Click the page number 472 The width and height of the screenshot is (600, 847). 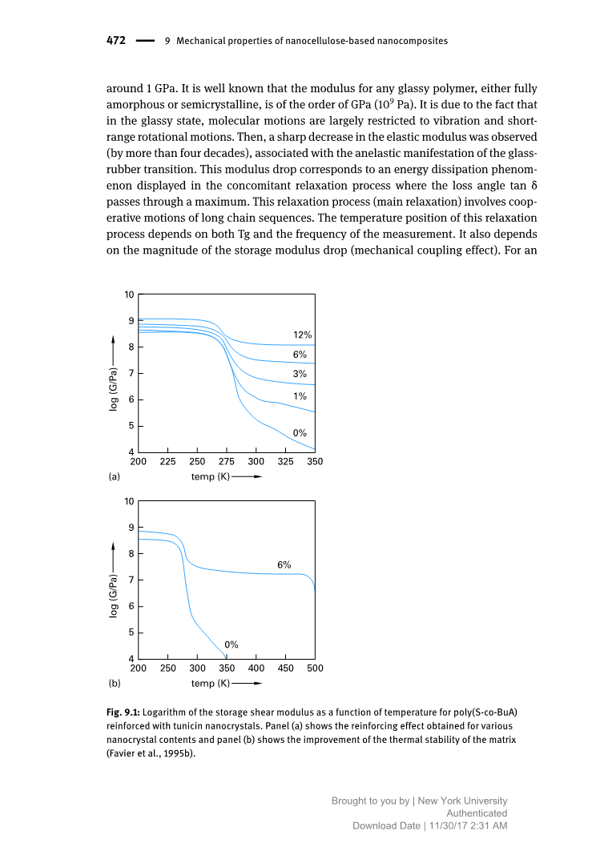[115, 40]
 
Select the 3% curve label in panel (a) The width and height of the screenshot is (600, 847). [300, 374]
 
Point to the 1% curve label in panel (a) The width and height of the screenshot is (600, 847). [300, 396]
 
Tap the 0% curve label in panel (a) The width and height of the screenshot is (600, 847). [300, 432]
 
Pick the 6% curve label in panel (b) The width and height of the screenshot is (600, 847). [284, 564]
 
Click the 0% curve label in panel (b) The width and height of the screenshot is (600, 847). [231, 644]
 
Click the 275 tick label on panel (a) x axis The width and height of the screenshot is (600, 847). [227, 461]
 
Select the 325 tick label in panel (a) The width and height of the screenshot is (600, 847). [285, 461]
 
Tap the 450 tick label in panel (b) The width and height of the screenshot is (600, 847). [286, 667]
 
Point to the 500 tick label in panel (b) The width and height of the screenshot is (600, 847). [315, 667]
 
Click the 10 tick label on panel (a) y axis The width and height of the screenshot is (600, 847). [129, 295]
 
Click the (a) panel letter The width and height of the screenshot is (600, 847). [115, 477]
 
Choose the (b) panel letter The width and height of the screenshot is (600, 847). [115, 684]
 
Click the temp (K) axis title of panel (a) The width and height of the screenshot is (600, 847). [211, 477]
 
